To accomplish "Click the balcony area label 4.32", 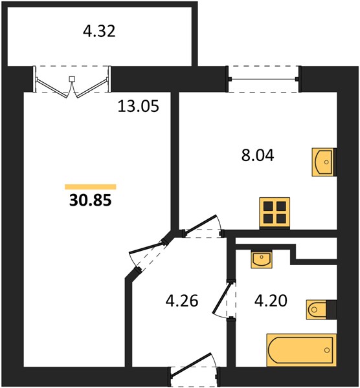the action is point(99,32).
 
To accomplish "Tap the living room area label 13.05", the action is point(139,107).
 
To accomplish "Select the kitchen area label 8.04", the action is point(258,156).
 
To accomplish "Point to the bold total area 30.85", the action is point(91,200).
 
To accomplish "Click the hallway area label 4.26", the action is point(182,301).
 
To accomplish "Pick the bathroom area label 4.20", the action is point(271,301).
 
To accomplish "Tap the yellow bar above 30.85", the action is point(91,187).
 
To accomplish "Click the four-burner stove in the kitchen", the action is point(275,213).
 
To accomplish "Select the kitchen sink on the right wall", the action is point(323,162).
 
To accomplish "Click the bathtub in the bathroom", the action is point(301,350).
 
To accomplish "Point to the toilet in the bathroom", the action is point(321,309).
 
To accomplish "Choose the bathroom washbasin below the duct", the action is point(262,259).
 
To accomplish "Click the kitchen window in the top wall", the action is point(264,79).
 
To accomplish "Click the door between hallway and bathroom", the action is point(225,299).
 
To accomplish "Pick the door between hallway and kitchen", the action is point(203,226).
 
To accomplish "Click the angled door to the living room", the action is point(149,255).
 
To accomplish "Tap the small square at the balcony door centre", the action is point(72,79).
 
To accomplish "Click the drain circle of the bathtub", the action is point(327,350).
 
